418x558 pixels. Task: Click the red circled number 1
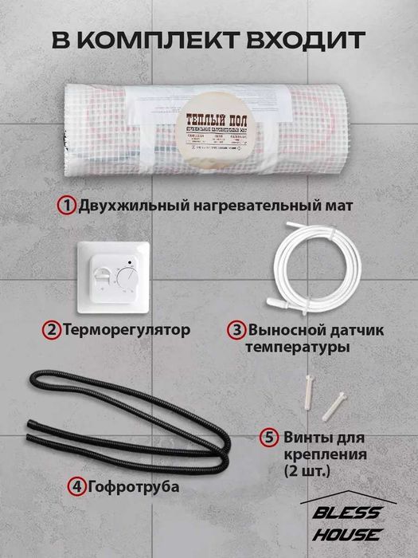65,206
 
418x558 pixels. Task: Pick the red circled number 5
269,437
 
